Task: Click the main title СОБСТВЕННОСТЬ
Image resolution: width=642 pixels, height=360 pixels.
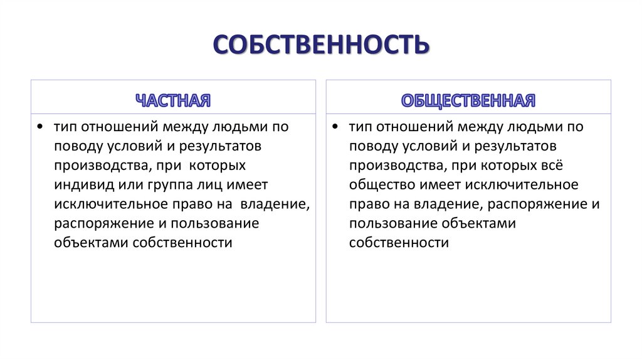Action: pos(321,46)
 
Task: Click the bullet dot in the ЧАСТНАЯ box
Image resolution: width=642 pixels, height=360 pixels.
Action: pos(40,127)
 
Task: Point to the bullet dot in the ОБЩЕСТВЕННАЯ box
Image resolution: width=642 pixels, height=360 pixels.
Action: pos(335,127)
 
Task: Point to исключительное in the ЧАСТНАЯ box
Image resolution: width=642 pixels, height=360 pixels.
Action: pos(109,204)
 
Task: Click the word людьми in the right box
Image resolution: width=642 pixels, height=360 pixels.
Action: pos(532,127)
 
